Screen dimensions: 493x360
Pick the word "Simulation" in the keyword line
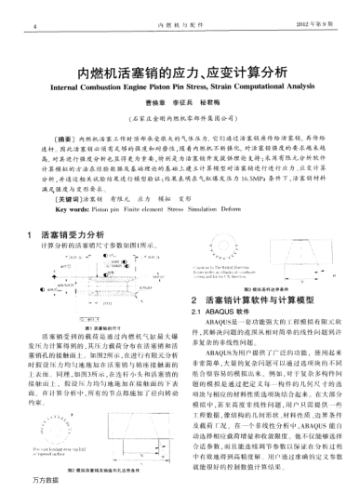pos(212,209)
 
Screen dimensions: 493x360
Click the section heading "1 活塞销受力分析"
pos(73,235)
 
